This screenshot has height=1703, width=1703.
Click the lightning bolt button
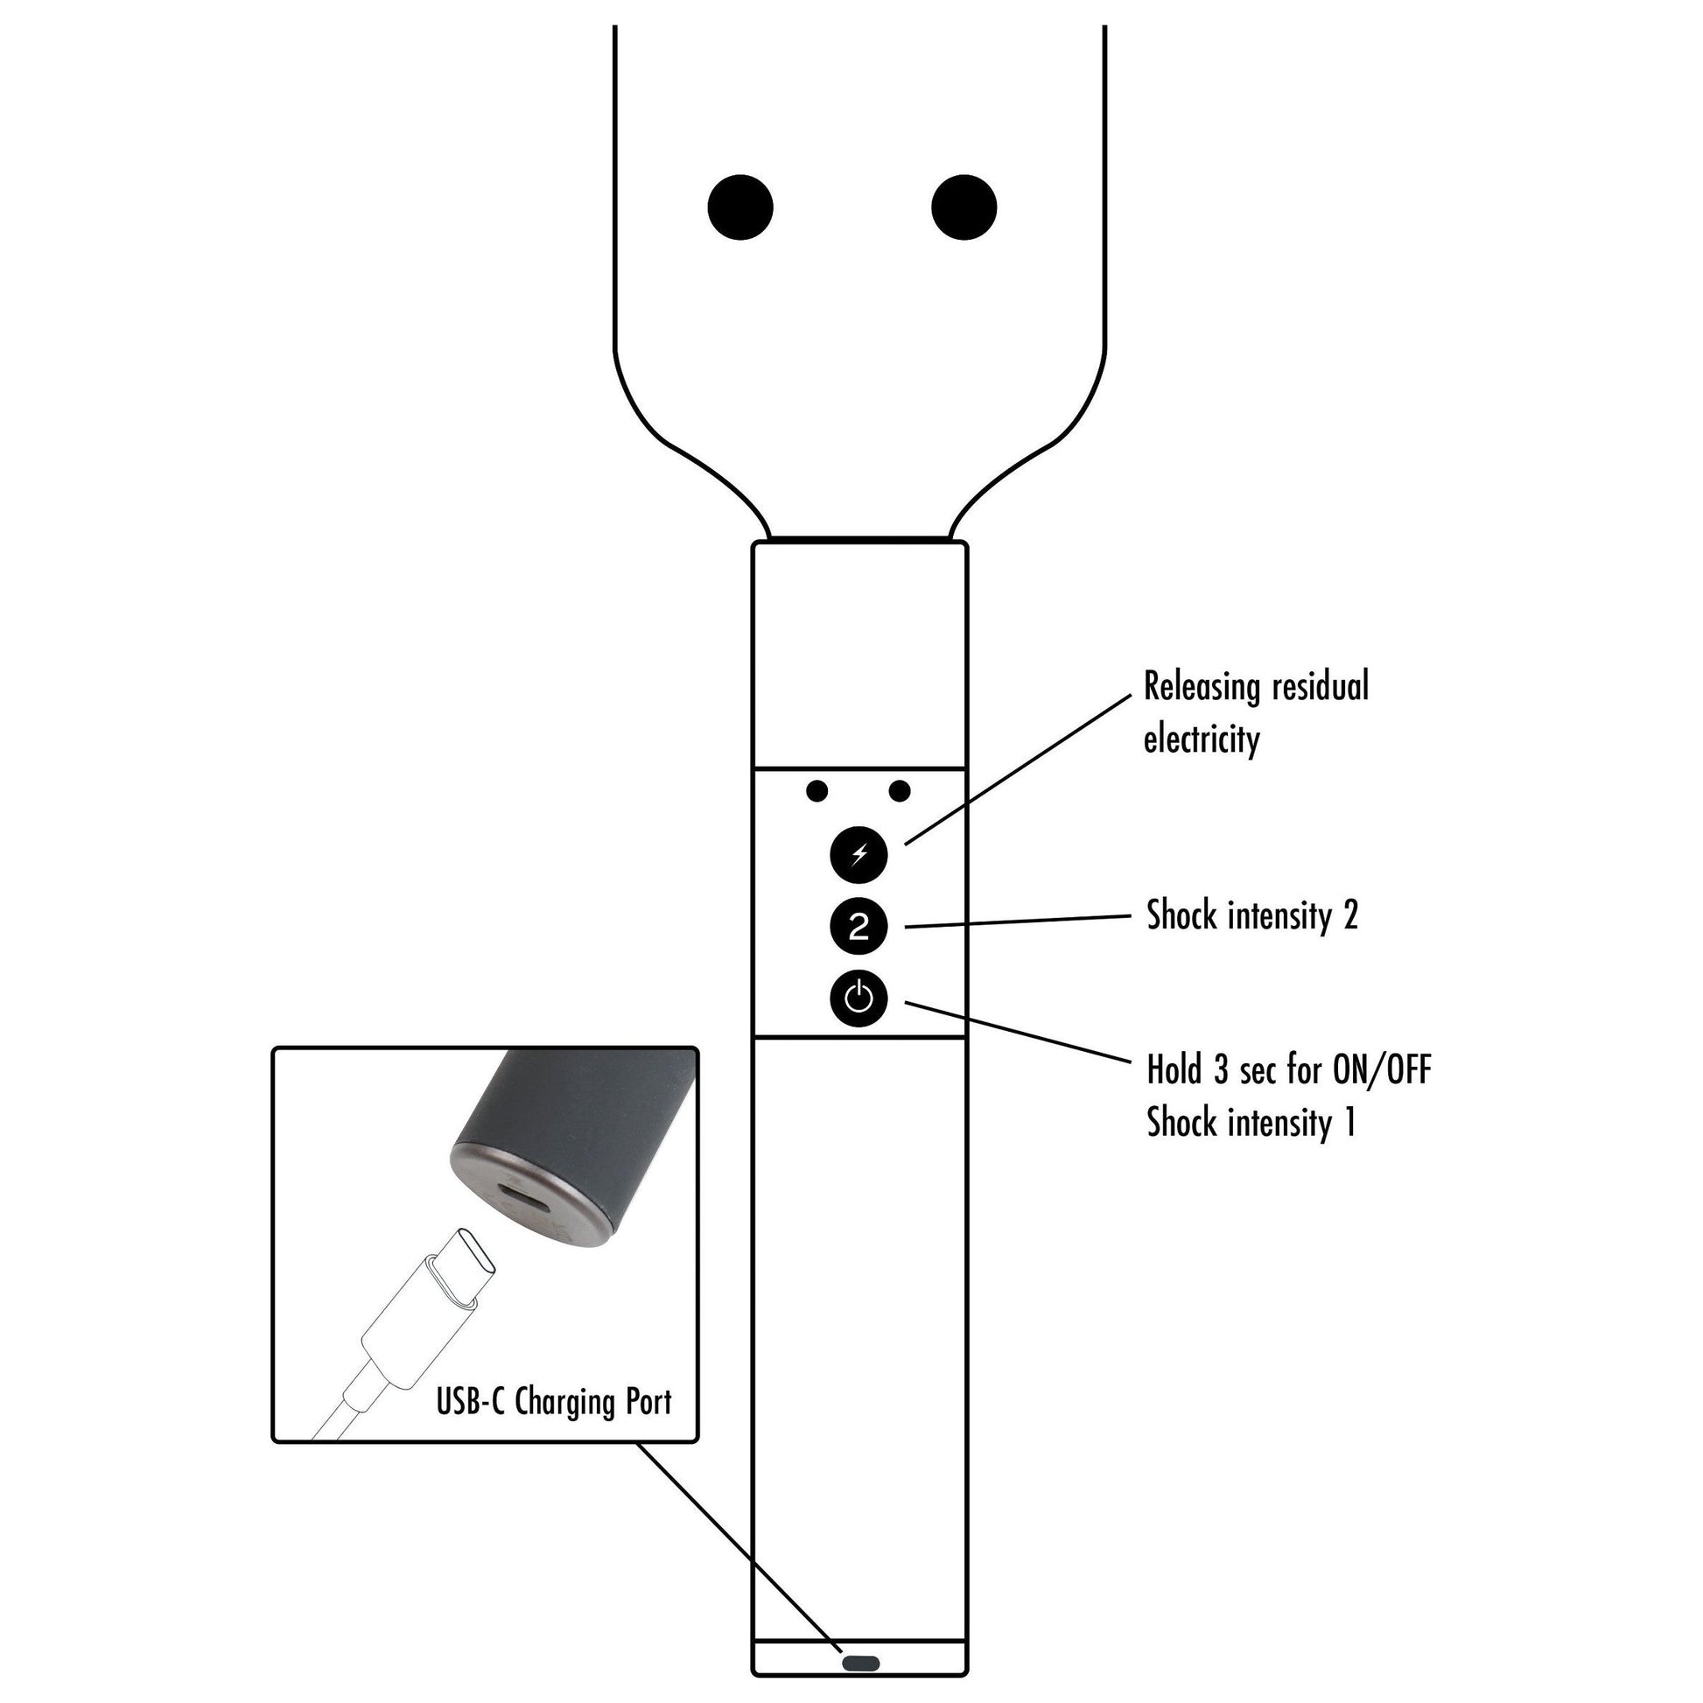(x=859, y=854)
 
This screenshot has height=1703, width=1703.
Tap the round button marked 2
(x=859, y=927)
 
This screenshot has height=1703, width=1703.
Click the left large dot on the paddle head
(x=740, y=207)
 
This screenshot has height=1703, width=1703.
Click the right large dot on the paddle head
(x=964, y=207)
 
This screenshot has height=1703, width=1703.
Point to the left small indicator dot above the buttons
(x=817, y=791)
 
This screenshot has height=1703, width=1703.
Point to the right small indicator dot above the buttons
(x=899, y=791)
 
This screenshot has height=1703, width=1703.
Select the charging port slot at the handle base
(x=861, y=1664)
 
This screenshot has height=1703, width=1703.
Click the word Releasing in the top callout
(x=1199, y=687)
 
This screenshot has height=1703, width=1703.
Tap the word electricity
(x=1202, y=739)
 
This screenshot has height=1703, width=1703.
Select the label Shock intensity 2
(x=1251, y=916)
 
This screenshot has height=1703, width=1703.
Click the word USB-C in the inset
(x=471, y=1401)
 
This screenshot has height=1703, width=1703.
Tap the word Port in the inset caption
(x=648, y=1401)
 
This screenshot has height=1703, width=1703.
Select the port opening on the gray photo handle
(x=529, y=1198)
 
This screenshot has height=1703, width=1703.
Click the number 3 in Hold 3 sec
(x=1220, y=1070)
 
